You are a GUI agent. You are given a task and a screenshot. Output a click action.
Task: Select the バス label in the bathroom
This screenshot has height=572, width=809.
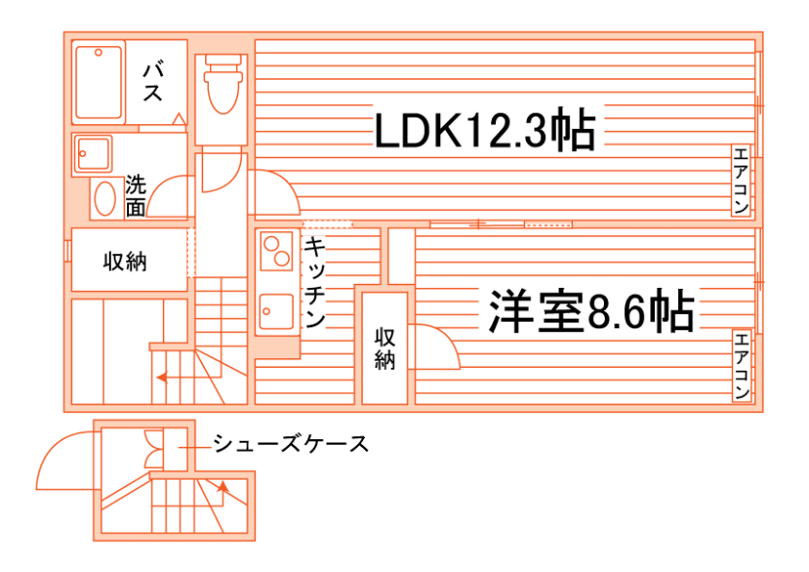click(x=153, y=81)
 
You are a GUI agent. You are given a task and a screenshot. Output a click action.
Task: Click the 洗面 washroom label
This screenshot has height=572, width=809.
click(x=136, y=195)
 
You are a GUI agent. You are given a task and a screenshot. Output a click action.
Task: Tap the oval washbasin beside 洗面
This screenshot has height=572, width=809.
click(x=104, y=199)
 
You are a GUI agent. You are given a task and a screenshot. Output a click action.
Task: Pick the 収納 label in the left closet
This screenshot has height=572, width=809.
click(x=125, y=261)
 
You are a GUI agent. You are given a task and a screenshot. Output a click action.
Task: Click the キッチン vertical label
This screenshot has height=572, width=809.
click(x=314, y=283)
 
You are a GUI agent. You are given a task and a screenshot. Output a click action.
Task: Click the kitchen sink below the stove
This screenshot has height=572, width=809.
click(x=275, y=310)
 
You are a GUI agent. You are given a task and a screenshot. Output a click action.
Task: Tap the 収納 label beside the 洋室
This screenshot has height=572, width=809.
click(x=385, y=349)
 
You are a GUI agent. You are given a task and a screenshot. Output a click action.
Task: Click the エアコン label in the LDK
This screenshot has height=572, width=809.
click(x=741, y=182)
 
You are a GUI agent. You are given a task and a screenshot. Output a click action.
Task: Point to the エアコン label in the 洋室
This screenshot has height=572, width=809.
click(x=741, y=367)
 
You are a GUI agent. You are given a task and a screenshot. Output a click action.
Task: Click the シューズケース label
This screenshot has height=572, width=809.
click(x=290, y=444)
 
